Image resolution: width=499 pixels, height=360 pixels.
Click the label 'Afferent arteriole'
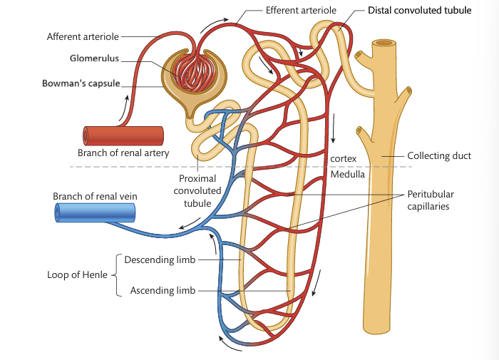pyautogui.click(x=82, y=36)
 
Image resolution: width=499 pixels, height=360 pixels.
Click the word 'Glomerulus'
pyautogui.click(x=94, y=59)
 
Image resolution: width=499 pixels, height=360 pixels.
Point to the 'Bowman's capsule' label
pyautogui.click(x=79, y=83)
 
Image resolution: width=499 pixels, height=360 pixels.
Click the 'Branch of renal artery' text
pyautogui.click(x=123, y=153)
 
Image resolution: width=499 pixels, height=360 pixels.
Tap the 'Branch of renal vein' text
pyautogui.click(x=95, y=196)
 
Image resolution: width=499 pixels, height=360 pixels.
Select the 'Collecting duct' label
pyautogui.click(x=438, y=156)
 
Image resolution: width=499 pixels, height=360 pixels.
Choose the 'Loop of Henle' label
pyautogui.click(x=77, y=274)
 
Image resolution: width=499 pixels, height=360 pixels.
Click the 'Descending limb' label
pyautogui.click(x=160, y=259)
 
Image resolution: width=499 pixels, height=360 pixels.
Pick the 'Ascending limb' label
pyautogui.click(x=162, y=290)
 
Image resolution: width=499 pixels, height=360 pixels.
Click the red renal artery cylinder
pyautogui.click(x=123, y=135)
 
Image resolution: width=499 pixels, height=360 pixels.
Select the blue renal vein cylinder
pyautogui.click(x=95, y=212)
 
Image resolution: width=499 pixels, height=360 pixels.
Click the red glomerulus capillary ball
pyautogui.click(x=190, y=73)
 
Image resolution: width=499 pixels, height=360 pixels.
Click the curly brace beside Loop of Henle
pyautogui.click(x=116, y=274)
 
